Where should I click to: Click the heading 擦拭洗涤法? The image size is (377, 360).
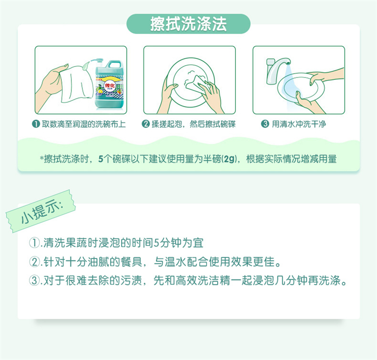coord(189,24)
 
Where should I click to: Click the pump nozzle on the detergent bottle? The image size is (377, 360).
coord(96,60)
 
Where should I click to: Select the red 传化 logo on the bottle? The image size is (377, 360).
coord(110,85)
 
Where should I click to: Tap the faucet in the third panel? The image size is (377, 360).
coord(277,70)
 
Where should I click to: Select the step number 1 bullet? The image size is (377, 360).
coord(36,124)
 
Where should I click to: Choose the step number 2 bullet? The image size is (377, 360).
coord(145,124)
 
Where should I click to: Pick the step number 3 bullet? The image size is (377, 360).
coord(265,124)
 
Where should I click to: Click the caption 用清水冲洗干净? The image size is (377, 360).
coord(299,124)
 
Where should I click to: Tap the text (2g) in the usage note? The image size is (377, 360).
coord(229,159)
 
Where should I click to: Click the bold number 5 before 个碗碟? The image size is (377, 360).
coord(101,159)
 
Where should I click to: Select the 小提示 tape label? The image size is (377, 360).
coord(41,211)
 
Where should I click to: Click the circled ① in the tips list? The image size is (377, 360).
coord(34,243)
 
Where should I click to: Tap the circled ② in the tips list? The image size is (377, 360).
coord(34,261)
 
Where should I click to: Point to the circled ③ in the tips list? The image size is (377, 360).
coord(34,281)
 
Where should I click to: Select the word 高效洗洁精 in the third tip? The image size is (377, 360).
coord(203,281)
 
